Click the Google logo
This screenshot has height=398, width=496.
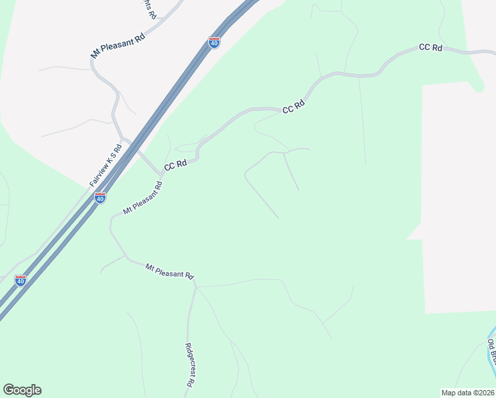pyautogui.click(x=22, y=390)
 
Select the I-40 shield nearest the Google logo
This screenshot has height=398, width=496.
pyautogui.click(x=21, y=280)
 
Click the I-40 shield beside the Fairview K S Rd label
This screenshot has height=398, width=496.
pyautogui.click(x=99, y=198)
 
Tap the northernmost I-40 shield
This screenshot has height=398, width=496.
pyautogui.click(x=214, y=42)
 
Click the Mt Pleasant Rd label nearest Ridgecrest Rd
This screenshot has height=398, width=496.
pyautogui.click(x=170, y=271)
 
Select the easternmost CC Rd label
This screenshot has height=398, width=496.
pyautogui.click(x=430, y=48)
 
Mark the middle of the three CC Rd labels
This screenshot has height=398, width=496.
pyautogui.click(x=293, y=107)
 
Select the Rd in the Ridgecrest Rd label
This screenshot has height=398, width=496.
pyautogui.click(x=189, y=382)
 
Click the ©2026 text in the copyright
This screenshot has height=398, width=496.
pyautogui.click(x=484, y=393)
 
